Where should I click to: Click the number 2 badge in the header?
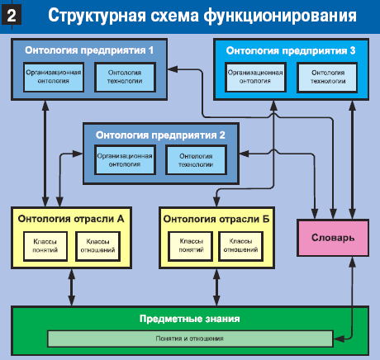[12, 15]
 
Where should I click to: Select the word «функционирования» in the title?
[280, 16]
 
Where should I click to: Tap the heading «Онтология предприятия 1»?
[89, 50]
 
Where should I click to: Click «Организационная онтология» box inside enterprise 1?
[54, 77]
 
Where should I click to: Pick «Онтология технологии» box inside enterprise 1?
[125, 77]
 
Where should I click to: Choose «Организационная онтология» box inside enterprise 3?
[255, 77]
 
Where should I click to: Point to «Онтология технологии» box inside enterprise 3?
[327, 77]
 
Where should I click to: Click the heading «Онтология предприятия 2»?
[160, 135]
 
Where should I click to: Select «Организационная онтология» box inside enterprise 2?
[125, 160]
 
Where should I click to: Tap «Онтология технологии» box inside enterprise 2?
[196, 160]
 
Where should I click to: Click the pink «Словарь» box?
[333, 238]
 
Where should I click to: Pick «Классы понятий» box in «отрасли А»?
[45, 246]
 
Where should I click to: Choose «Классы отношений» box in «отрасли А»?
[97, 246]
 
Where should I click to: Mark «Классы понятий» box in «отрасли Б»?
[191, 246]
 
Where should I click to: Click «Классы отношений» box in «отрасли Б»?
[240, 246]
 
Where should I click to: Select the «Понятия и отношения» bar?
[190, 339]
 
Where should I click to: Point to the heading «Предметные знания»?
[190, 319]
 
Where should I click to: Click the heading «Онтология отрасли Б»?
[216, 219]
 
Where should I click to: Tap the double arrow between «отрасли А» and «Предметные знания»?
[72, 287]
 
